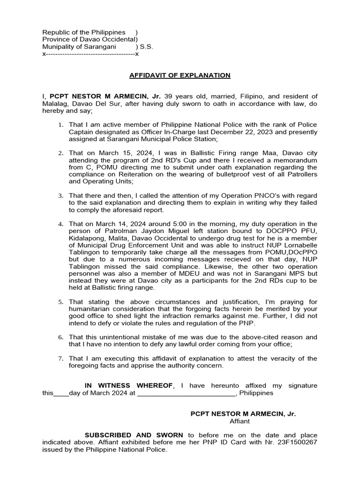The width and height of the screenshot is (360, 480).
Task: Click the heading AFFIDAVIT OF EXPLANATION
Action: point(180,75)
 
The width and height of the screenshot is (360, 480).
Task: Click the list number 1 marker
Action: point(60,125)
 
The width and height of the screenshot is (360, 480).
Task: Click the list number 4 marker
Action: point(60,225)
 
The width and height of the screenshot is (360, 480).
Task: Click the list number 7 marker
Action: point(60,359)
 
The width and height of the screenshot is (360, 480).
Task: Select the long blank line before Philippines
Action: point(186,393)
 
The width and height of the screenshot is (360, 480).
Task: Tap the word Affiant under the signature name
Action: point(243,421)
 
